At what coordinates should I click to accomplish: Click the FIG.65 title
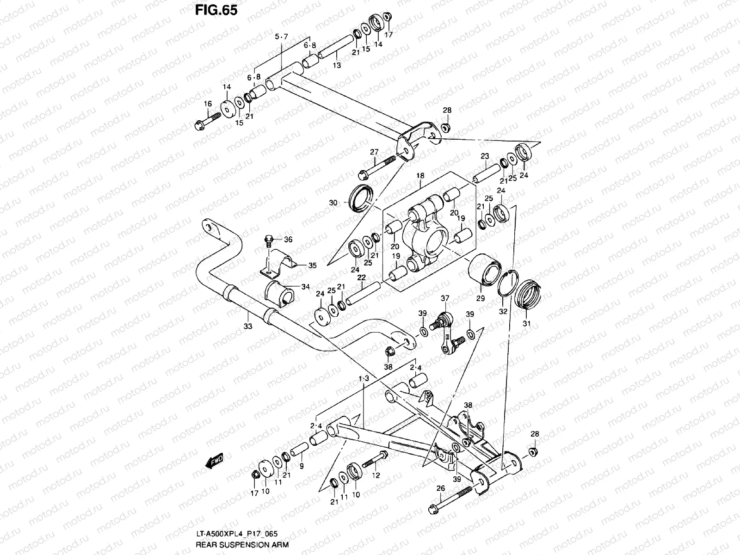tap(216, 10)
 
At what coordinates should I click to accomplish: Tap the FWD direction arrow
tap(214, 461)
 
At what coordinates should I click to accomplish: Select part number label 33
tap(248, 327)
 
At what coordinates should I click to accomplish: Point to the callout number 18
tap(419, 176)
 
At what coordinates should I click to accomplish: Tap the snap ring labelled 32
tap(506, 283)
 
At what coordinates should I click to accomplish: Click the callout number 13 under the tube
tap(337, 66)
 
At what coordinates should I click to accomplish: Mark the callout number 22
tap(361, 277)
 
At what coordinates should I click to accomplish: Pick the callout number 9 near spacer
tap(301, 466)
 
